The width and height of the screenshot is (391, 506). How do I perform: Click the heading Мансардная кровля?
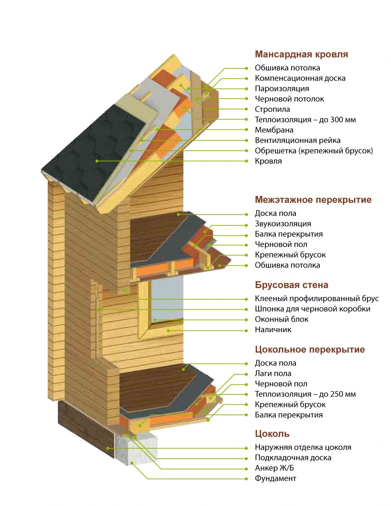pos(302,54)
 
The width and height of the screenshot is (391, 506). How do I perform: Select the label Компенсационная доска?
pos(300,78)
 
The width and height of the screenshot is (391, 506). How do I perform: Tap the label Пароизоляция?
pos(282,89)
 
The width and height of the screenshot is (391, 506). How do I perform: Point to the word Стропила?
pos(272,109)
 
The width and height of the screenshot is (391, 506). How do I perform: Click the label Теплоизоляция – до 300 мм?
pos(305,119)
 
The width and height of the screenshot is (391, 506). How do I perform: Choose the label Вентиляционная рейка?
pos(298,140)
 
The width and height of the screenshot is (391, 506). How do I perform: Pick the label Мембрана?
pos(274,130)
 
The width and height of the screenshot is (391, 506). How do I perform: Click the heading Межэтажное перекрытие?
pos(313,200)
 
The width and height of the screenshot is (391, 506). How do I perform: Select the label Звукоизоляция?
pos(283,224)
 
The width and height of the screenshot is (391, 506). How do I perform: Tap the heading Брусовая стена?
pos(292,285)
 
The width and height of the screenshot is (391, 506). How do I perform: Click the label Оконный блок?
pos(282,319)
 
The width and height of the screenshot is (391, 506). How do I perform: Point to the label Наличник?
pos(273,330)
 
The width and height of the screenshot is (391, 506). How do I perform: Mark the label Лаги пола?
pos(273,374)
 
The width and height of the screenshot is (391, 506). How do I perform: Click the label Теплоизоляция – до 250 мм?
pos(305,394)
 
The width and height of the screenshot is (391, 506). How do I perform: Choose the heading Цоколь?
pos(272,434)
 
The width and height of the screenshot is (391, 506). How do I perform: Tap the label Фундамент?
pos(275,479)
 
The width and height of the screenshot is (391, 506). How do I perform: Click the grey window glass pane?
pos(167,300)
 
